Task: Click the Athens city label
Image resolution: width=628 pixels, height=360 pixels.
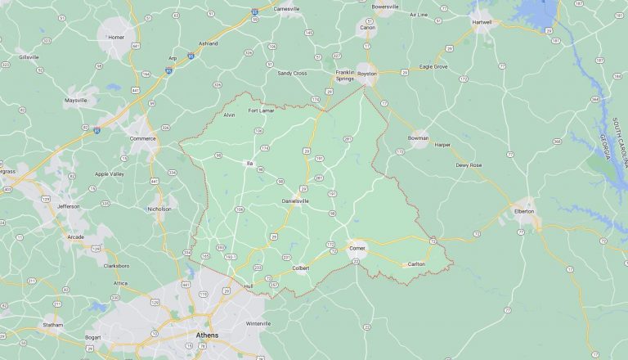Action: [208, 335]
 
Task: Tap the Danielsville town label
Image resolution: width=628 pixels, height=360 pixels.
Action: [297, 200]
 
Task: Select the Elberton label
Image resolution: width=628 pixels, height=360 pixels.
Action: [523, 211]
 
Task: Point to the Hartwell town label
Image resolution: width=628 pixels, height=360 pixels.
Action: [483, 22]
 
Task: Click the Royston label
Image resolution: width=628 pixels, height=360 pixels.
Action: [367, 74]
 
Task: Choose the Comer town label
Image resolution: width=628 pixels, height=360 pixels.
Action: [357, 247]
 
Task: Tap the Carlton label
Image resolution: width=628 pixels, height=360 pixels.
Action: [416, 263]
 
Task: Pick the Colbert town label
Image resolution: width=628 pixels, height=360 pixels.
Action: [301, 268]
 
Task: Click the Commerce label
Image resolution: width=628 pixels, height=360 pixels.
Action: [143, 138]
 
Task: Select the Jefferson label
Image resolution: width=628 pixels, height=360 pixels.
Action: [69, 206]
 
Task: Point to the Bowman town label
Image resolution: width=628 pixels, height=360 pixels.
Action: [419, 139]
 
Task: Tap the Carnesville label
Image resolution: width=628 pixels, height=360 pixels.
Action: [287, 8]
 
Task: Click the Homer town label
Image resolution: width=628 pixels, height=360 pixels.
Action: [117, 37]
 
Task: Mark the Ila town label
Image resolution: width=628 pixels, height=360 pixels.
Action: [249, 163]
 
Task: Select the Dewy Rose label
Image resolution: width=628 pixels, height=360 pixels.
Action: [469, 165]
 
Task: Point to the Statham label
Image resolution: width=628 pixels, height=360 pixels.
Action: [54, 326]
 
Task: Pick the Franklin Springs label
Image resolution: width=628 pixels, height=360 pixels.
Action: [345, 75]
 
